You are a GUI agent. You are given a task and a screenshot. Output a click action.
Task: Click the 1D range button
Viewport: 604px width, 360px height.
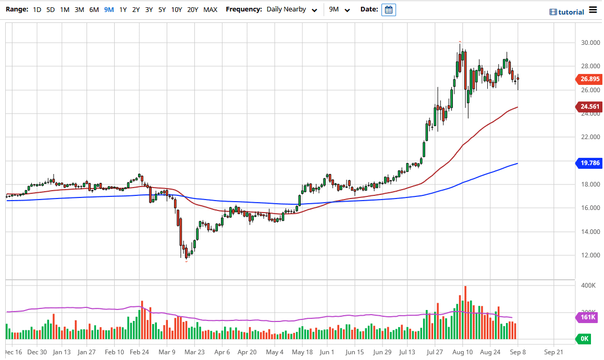pyautogui.click(x=37, y=9)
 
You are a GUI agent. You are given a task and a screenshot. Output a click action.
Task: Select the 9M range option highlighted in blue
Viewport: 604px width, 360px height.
pyautogui.click(x=108, y=9)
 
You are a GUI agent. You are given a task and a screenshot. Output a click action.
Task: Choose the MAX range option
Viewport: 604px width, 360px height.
pyautogui.click(x=211, y=9)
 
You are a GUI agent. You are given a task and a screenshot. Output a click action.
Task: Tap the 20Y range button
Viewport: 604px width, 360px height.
pyautogui.click(x=193, y=9)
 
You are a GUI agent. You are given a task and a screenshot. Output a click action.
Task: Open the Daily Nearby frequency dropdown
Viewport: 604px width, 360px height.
pyautogui.click(x=292, y=9)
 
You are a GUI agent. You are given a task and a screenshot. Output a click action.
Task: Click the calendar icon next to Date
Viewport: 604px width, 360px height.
pyautogui.click(x=389, y=10)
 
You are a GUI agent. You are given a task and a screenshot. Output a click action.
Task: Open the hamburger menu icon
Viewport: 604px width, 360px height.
pyautogui.click(x=593, y=10)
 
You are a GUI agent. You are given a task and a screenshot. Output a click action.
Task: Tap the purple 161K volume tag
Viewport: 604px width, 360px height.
pyautogui.click(x=588, y=317)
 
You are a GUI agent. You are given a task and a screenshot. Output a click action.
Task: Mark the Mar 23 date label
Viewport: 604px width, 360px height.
pyautogui.click(x=194, y=352)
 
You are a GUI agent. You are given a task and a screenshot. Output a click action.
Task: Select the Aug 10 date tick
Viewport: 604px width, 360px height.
pyautogui.click(x=462, y=352)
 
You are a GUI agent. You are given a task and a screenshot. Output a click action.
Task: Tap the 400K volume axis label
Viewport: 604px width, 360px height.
pyautogui.click(x=588, y=285)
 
